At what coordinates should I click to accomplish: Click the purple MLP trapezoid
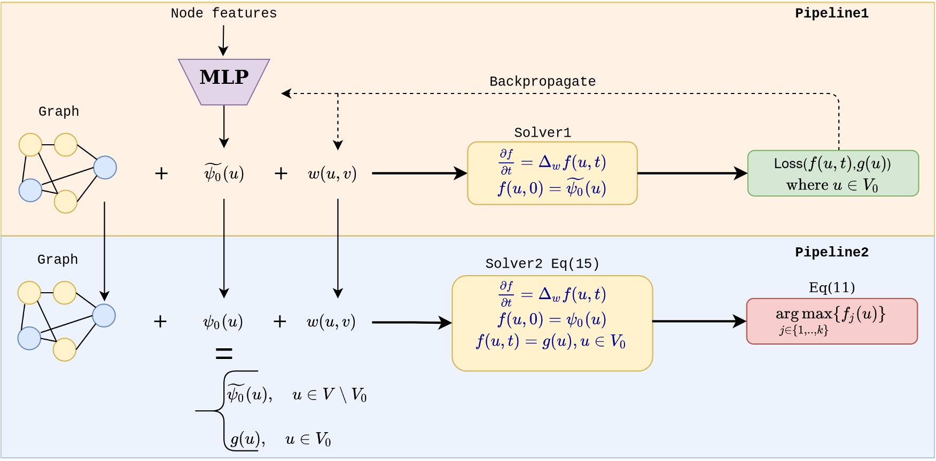[224, 81]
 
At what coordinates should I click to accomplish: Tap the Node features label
[223, 13]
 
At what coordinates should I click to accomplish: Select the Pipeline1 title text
[831, 13]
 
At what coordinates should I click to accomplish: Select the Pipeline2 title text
[831, 252]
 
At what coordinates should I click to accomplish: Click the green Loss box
[832, 173]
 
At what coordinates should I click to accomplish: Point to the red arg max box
[831, 321]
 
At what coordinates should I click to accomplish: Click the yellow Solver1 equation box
[552, 173]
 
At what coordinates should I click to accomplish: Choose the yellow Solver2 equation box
[552, 323]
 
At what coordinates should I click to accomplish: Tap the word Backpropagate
[542, 82]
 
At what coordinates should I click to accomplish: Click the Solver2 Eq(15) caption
[542, 263]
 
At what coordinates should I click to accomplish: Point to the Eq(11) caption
[831, 288]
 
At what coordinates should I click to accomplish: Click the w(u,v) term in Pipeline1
[332, 174]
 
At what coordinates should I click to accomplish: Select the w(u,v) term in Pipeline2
[331, 322]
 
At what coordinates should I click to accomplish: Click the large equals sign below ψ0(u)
[224, 353]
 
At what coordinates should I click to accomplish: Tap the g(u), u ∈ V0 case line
[280, 439]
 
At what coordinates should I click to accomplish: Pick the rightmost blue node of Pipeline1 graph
[105, 168]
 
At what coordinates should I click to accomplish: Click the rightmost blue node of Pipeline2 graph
[104, 316]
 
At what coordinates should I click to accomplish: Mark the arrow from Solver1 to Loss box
[692, 173]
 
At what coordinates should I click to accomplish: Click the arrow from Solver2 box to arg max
[699, 321]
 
